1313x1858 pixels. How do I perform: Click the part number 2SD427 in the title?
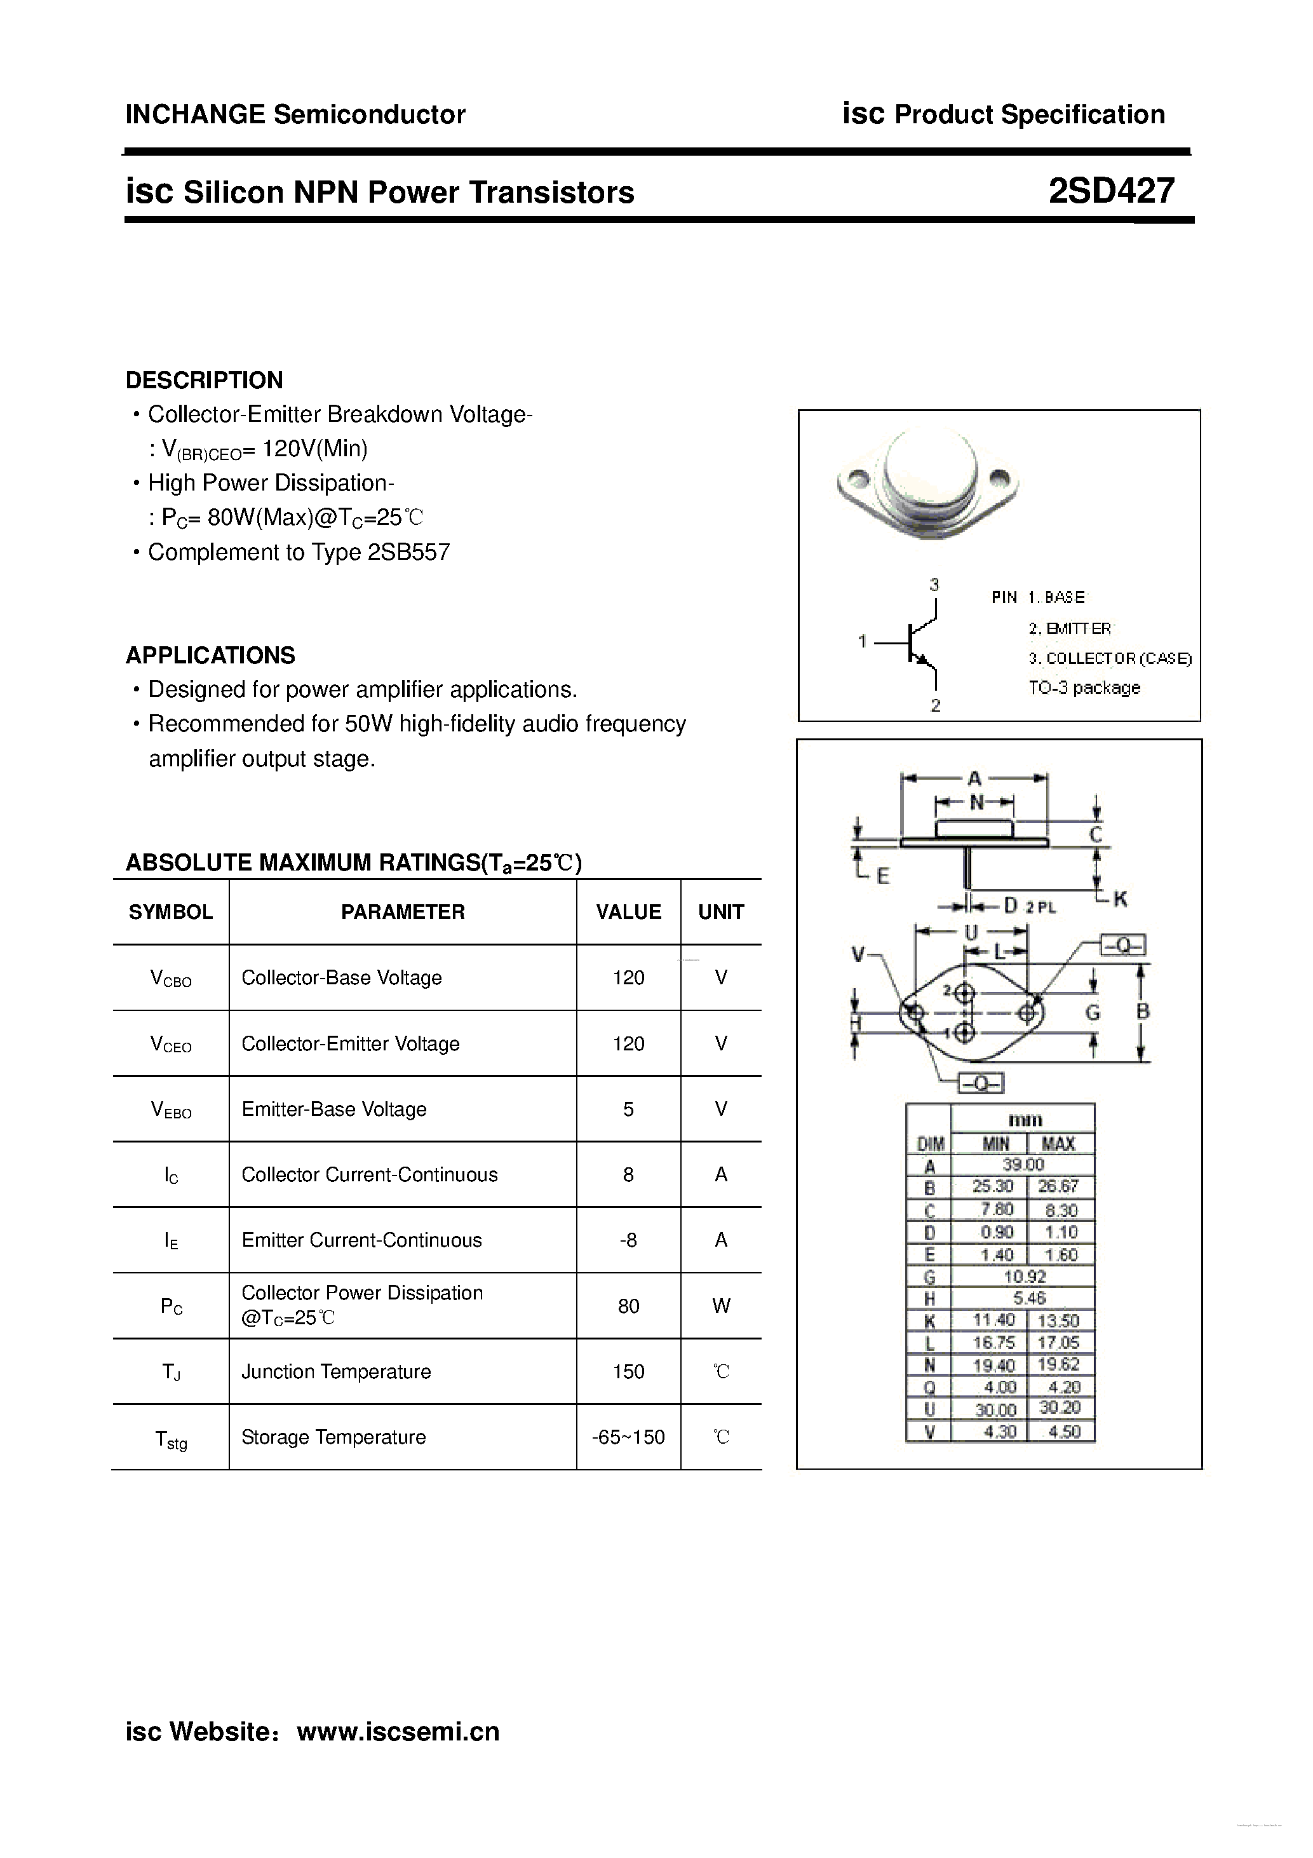(1111, 191)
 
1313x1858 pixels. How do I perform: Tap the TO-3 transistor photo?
(927, 485)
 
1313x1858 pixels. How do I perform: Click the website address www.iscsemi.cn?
(398, 1731)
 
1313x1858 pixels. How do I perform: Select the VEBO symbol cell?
(171, 1109)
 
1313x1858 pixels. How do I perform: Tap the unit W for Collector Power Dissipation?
(721, 1305)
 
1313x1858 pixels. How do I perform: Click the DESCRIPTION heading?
(204, 381)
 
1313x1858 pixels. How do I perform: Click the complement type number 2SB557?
(408, 552)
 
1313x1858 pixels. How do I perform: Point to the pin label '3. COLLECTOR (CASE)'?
(1110, 659)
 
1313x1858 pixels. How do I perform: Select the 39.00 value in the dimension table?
(1023, 1165)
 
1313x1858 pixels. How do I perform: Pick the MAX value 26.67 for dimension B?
(1059, 1186)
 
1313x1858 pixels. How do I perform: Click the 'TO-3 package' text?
(1084, 688)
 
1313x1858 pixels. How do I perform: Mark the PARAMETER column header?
(402, 912)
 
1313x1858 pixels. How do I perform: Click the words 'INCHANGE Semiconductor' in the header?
(295, 115)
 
